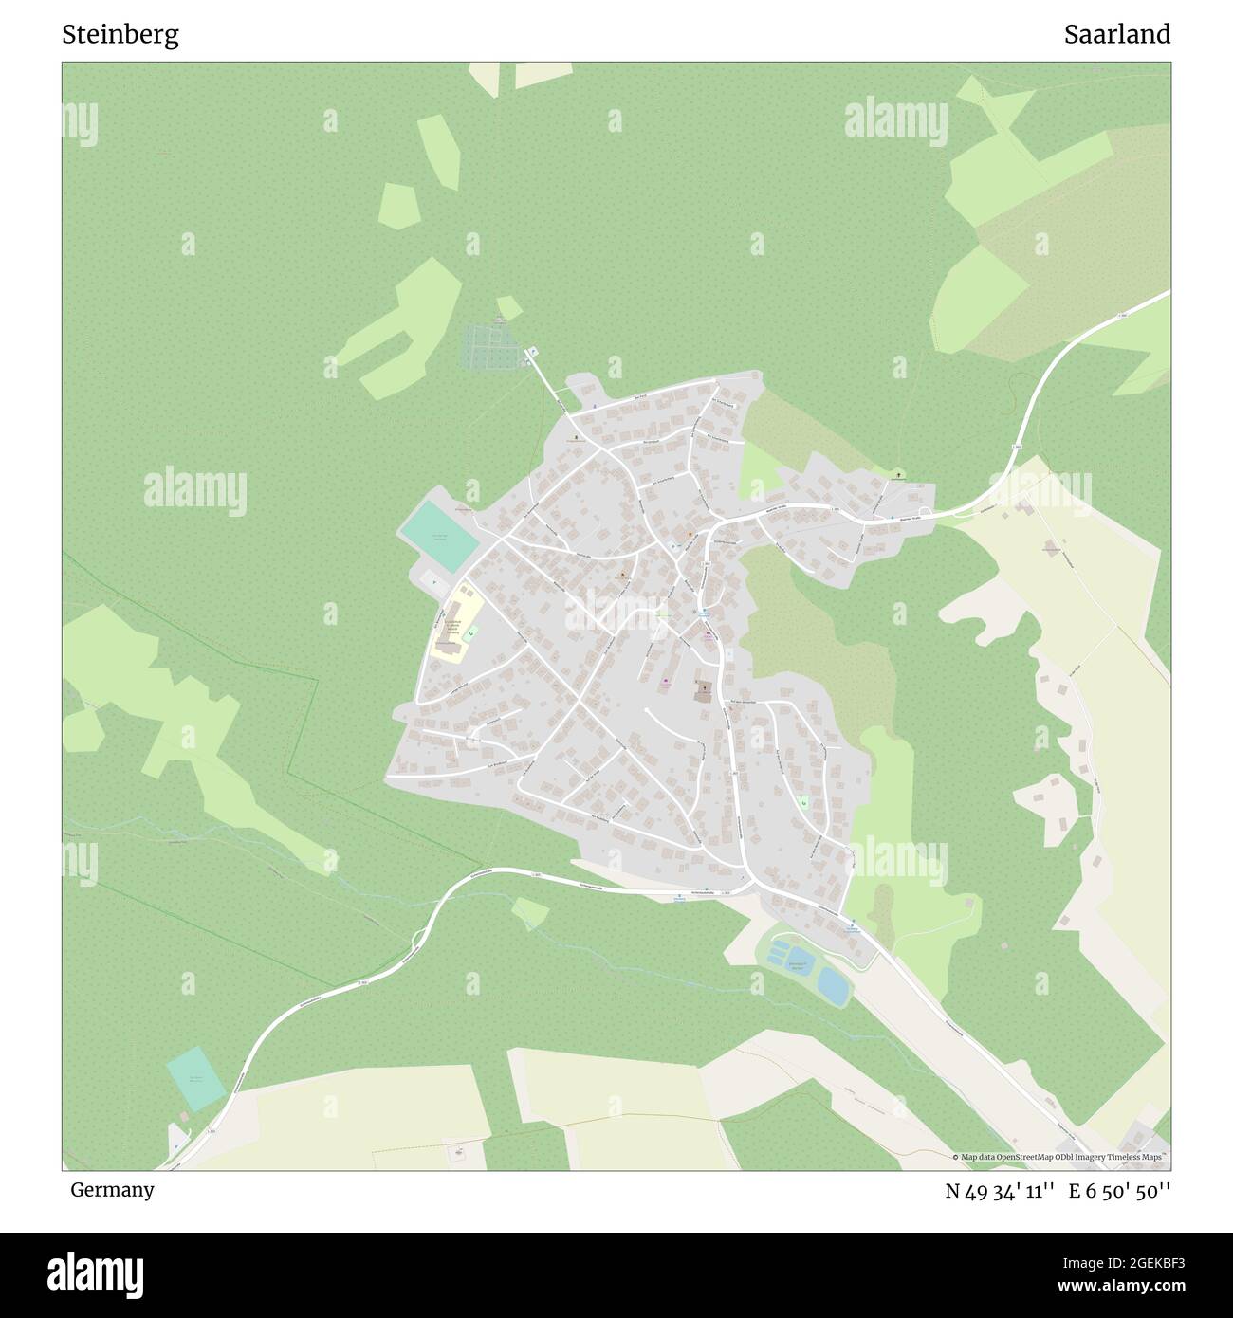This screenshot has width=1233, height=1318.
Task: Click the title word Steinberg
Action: [x=120, y=35]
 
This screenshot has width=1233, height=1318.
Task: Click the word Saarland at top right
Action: [x=1116, y=35]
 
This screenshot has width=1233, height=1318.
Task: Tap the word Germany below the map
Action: [x=112, y=1190]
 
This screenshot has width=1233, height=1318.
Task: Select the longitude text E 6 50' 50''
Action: [x=1119, y=1191]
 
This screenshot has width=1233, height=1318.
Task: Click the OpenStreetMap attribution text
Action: [x=1060, y=1157]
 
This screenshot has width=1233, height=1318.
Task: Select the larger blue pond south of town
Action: [x=834, y=986]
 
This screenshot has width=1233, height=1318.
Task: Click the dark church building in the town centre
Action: [x=704, y=692]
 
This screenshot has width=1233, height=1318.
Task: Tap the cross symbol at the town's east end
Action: [x=899, y=473]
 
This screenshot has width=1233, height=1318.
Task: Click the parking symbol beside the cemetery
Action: [x=531, y=352]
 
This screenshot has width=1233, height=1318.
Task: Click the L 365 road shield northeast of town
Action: [x=1016, y=446]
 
